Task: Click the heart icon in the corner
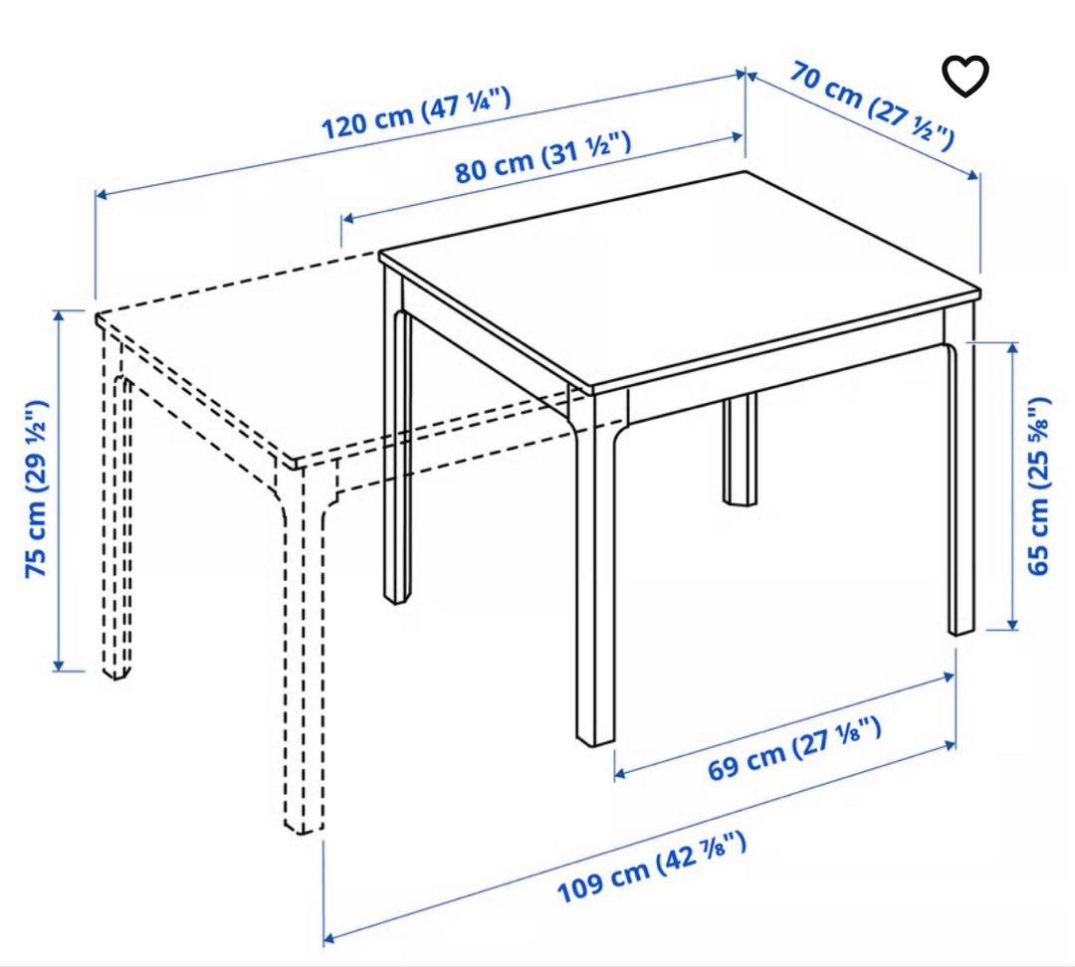[x=966, y=77]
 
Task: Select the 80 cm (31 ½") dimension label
[x=543, y=157]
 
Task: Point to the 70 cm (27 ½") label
[x=873, y=103]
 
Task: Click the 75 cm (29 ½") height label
[x=38, y=489]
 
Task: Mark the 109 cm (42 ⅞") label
[x=651, y=869]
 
